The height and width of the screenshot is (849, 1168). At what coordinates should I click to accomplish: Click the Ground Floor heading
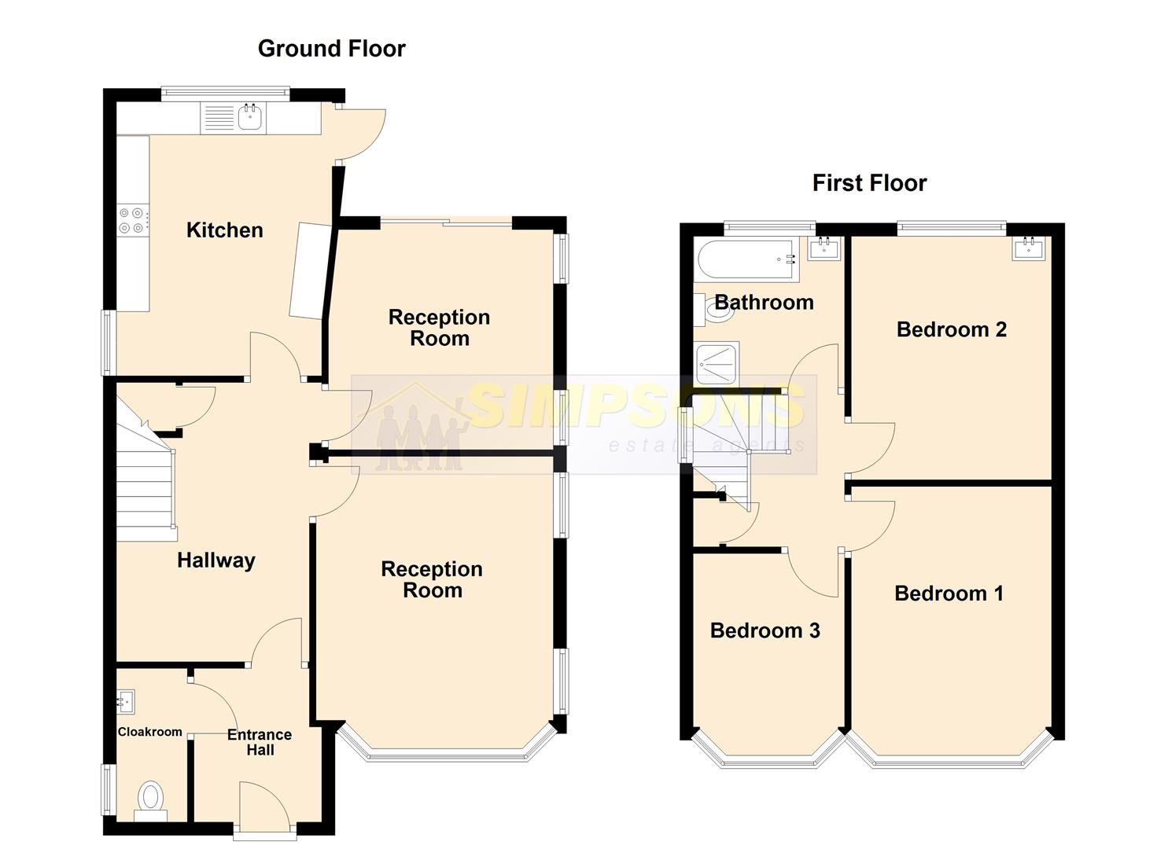pyautogui.click(x=332, y=49)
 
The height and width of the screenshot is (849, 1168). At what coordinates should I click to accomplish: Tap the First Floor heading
pyautogui.click(x=869, y=183)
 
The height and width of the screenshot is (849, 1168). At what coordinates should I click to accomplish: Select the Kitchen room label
pyautogui.click(x=225, y=230)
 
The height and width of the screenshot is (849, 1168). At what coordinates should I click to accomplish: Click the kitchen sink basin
pyautogui.click(x=250, y=117)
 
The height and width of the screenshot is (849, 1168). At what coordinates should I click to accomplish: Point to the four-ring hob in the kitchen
pyautogui.click(x=131, y=220)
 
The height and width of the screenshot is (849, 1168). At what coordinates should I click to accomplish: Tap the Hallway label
pyautogui.click(x=216, y=560)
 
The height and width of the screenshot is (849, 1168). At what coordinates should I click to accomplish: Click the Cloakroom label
pyautogui.click(x=149, y=732)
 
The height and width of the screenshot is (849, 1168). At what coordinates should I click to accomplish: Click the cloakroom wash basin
pyautogui.click(x=126, y=701)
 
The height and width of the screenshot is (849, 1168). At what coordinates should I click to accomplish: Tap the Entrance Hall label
pyautogui.click(x=260, y=742)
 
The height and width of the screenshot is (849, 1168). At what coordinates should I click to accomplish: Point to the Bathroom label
pyautogui.click(x=764, y=303)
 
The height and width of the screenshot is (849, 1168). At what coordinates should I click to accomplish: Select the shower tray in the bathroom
pyautogui.click(x=717, y=363)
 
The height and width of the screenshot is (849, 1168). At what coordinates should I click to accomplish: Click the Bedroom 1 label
pyautogui.click(x=949, y=594)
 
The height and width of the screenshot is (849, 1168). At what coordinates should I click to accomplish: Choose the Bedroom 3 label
pyautogui.click(x=765, y=630)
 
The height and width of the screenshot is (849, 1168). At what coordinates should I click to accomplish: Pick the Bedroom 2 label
pyautogui.click(x=952, y=329)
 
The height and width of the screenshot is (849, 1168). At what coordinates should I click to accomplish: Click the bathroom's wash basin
pyautogui.click(x=823, y=248)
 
